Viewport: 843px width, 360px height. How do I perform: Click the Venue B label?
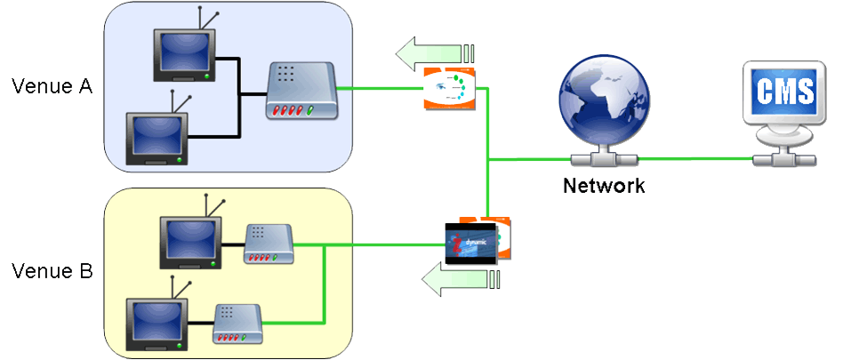click(52, 271)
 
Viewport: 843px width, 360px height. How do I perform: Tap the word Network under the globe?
click(604, 187)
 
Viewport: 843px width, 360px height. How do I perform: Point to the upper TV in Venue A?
click(182, 55)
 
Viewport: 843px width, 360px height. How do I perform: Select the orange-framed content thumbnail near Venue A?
click(449, 87)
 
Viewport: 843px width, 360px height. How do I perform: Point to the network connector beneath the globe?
click(604, 159)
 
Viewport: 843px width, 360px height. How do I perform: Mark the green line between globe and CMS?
click(694, 159)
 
